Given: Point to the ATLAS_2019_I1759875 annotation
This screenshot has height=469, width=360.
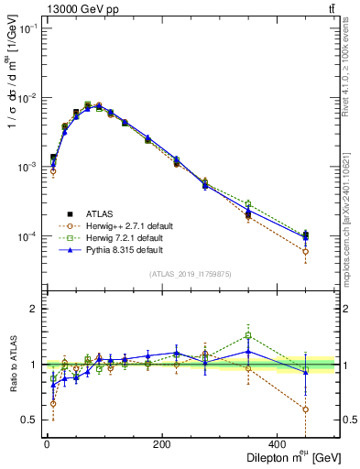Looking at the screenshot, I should pyautogui.click(x=191, y=273).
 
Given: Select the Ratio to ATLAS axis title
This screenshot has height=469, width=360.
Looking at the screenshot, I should pyautogui.click(x=11, y=364).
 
